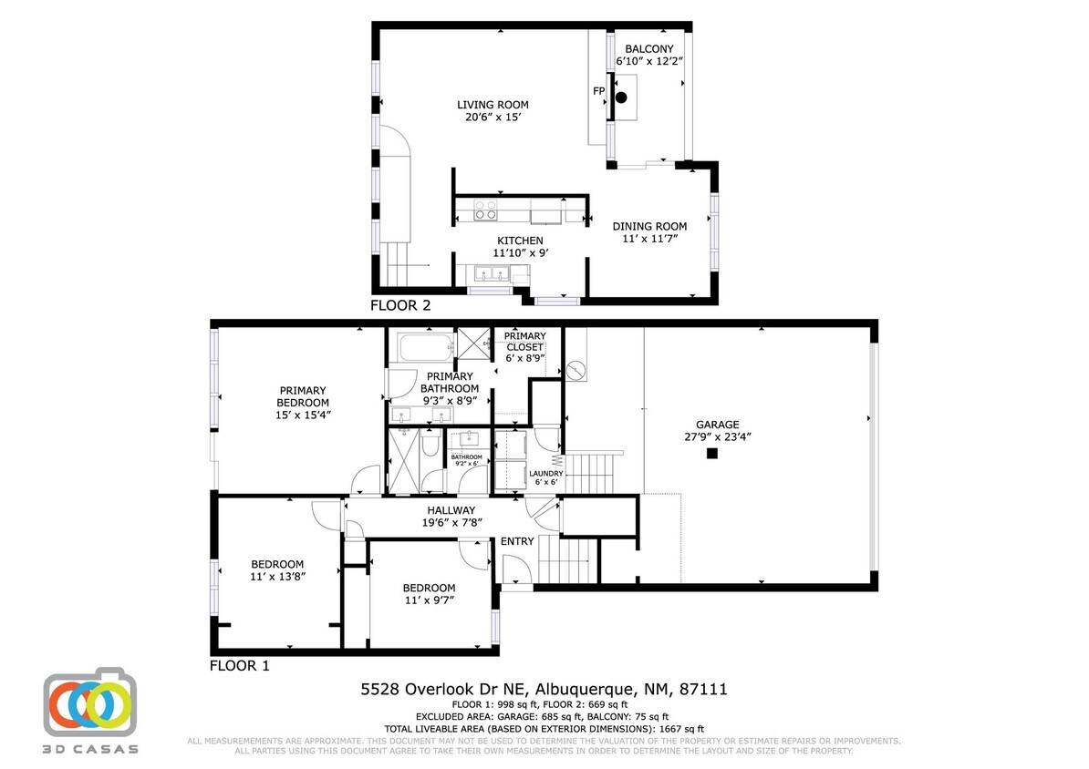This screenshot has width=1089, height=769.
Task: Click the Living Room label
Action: coord(493,105)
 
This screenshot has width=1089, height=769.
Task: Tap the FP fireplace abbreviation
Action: coord(598,91)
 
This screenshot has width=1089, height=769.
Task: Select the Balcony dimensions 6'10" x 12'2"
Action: coord(649,61)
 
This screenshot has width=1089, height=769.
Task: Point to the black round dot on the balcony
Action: coord(622,97)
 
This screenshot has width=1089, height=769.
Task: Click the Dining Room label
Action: coord(649,226)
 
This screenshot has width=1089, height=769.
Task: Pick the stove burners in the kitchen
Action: coord(485,210)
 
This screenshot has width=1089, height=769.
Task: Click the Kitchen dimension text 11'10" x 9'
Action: coord(520,252)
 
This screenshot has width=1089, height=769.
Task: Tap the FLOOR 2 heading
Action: coord(399,305)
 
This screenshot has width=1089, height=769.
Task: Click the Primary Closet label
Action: coord(524,342)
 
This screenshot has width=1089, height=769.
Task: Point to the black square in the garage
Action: coord(711,453)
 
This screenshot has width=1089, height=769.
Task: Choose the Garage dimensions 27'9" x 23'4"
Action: coord(717,436)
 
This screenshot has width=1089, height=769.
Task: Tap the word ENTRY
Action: coord(517,541)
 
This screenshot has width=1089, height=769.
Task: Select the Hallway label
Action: coord(451,510)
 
